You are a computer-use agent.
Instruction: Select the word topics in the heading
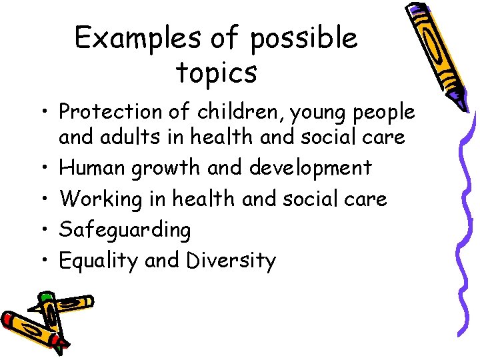(217, 73)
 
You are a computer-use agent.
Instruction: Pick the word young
(326, 113)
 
